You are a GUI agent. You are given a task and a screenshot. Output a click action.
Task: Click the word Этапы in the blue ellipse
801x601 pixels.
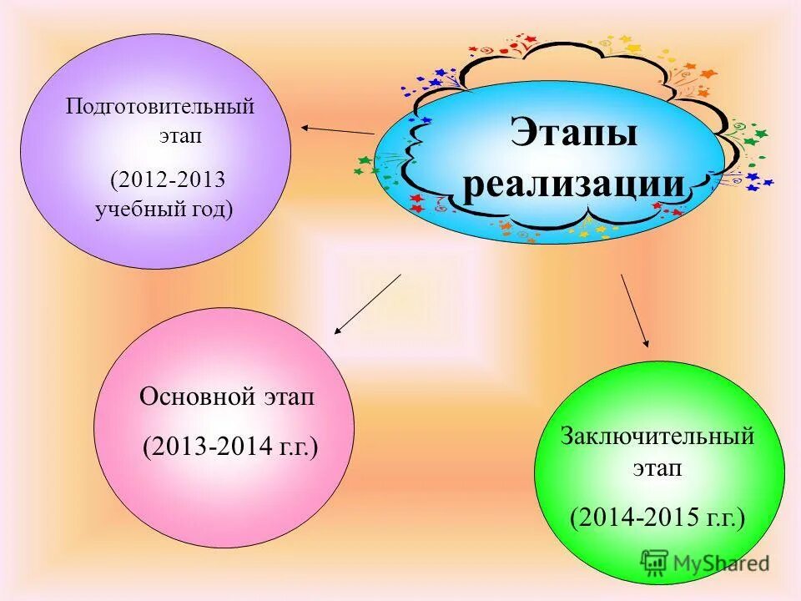[x=574, y=134]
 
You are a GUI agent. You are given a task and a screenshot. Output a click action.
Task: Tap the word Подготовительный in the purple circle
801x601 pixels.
[x=160, y=107]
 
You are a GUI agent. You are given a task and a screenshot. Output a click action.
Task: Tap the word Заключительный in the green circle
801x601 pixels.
[x=657, y=436]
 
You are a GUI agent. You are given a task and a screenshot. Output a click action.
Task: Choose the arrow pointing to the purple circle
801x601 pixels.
[x=337, y=129]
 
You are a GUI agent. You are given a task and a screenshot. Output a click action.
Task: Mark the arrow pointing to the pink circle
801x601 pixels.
[x=367, y=305]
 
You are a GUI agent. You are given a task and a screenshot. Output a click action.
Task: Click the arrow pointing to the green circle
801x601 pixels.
[x=634, y=310]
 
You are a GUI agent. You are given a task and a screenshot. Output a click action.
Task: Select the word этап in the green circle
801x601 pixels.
[x=657, y=468]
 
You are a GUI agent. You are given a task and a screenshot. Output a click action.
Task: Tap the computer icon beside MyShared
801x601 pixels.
[x=655, y=563]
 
